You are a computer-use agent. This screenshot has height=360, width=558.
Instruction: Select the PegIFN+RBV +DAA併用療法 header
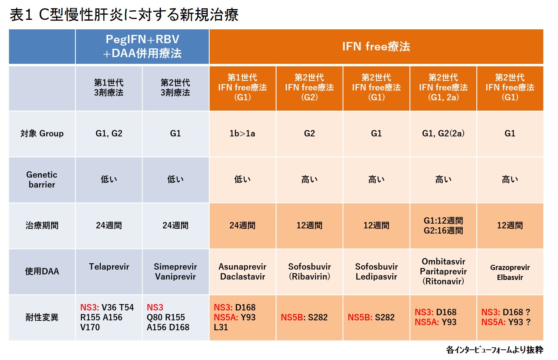142,47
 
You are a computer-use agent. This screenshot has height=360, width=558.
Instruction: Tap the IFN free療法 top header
376,47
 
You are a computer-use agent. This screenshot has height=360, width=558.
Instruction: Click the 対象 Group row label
42,134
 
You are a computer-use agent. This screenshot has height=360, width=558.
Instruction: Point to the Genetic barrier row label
42,180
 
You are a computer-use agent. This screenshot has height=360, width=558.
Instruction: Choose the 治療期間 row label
42,226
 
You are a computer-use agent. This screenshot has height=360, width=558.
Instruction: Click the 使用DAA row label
42,271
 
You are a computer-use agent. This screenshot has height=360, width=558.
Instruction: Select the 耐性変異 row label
42,318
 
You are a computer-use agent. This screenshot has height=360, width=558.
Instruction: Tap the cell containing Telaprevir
109,272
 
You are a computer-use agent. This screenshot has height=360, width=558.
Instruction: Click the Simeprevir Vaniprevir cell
176,272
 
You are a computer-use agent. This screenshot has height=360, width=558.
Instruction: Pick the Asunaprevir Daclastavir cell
243,272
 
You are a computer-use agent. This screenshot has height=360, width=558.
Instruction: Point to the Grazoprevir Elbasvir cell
510,272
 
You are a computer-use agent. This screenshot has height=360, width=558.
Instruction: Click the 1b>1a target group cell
243,134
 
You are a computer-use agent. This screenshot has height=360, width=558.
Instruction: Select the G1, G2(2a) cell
443,134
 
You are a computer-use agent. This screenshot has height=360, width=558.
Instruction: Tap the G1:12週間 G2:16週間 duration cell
443,226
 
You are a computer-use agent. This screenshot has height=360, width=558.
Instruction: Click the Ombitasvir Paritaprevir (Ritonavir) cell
443,272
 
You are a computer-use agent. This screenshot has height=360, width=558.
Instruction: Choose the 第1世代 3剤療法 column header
109,88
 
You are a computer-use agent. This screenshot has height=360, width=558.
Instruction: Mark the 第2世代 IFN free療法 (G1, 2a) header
443,88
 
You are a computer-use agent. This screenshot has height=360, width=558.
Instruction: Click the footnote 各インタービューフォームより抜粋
495,350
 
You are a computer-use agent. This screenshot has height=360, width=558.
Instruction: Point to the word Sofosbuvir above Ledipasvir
376,267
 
